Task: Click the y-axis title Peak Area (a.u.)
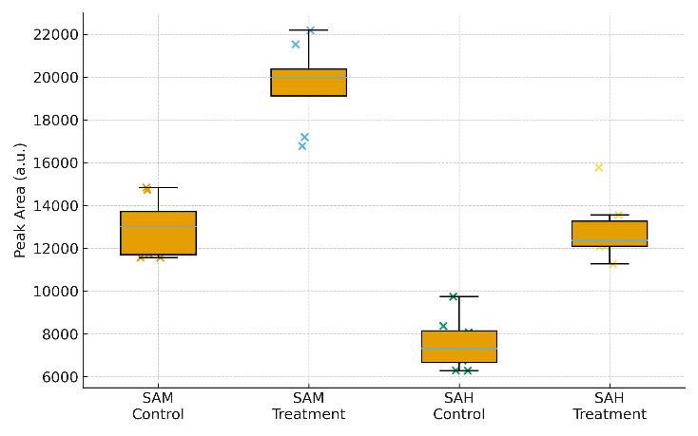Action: pos(20,199)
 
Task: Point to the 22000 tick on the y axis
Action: pos(54,35)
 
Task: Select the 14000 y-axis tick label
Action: pos(54,206)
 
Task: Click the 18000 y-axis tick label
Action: pos(54,121)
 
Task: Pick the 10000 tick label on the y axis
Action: pos(54,292)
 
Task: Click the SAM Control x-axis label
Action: pos(158,407)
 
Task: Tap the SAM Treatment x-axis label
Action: pos(308,407)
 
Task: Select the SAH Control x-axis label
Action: pos(459,407)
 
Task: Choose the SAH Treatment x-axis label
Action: pos(610,407)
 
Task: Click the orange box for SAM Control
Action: pos(158,234)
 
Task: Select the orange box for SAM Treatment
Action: pos(308,83)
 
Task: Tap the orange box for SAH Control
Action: pos(459,347)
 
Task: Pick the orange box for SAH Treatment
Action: pos(610,234)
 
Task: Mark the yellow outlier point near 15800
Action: pos(598,167)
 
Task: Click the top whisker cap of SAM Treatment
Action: pos(308,30)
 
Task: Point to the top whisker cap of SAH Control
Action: pos(459,296)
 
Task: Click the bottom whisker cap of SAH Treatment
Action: pos(610,263)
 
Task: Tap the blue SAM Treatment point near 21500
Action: pos(296,45)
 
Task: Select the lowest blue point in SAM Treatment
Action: pos(302,146)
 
